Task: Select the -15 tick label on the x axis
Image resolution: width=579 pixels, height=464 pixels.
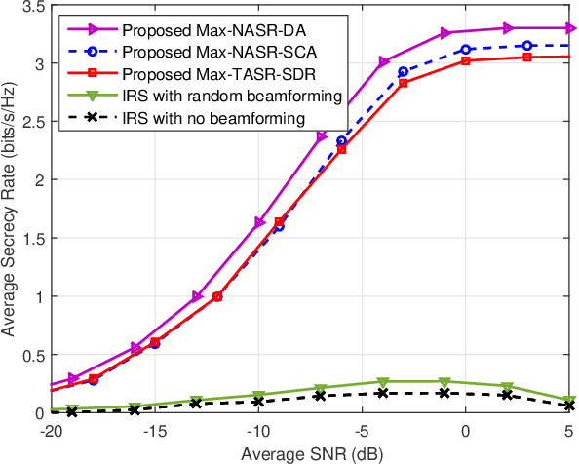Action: pyautogui.click(x=153, y=430)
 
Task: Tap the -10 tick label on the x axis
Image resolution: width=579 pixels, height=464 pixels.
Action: pyautogui.click(x=257, y=430)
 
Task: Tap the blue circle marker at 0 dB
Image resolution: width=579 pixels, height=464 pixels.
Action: pyautogui.click(x=466, y=49)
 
